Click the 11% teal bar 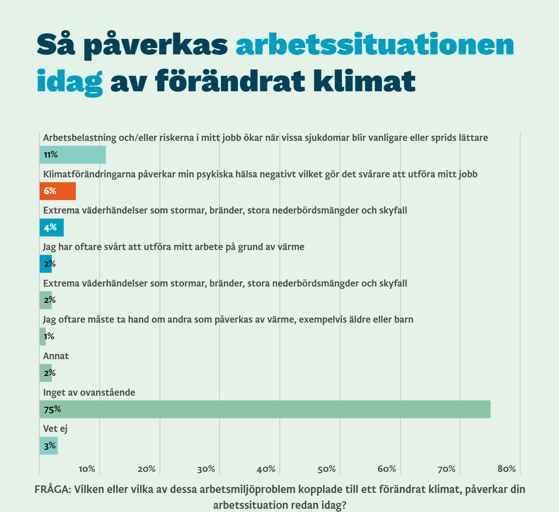point(73,155)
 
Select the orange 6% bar point(58,191)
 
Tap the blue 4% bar point(52,227)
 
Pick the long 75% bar point(265,409)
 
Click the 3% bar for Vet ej point(48,446)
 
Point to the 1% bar point(42,337)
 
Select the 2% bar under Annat point(46,373)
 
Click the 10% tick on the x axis point(87,469)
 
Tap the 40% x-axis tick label point(266,469)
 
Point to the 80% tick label point(507,469)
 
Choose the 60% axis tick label point(387,469)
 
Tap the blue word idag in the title point(69,81)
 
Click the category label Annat point(56,356)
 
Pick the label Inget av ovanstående point(89,393)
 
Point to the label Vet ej point(55,429)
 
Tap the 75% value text point(52,409)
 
